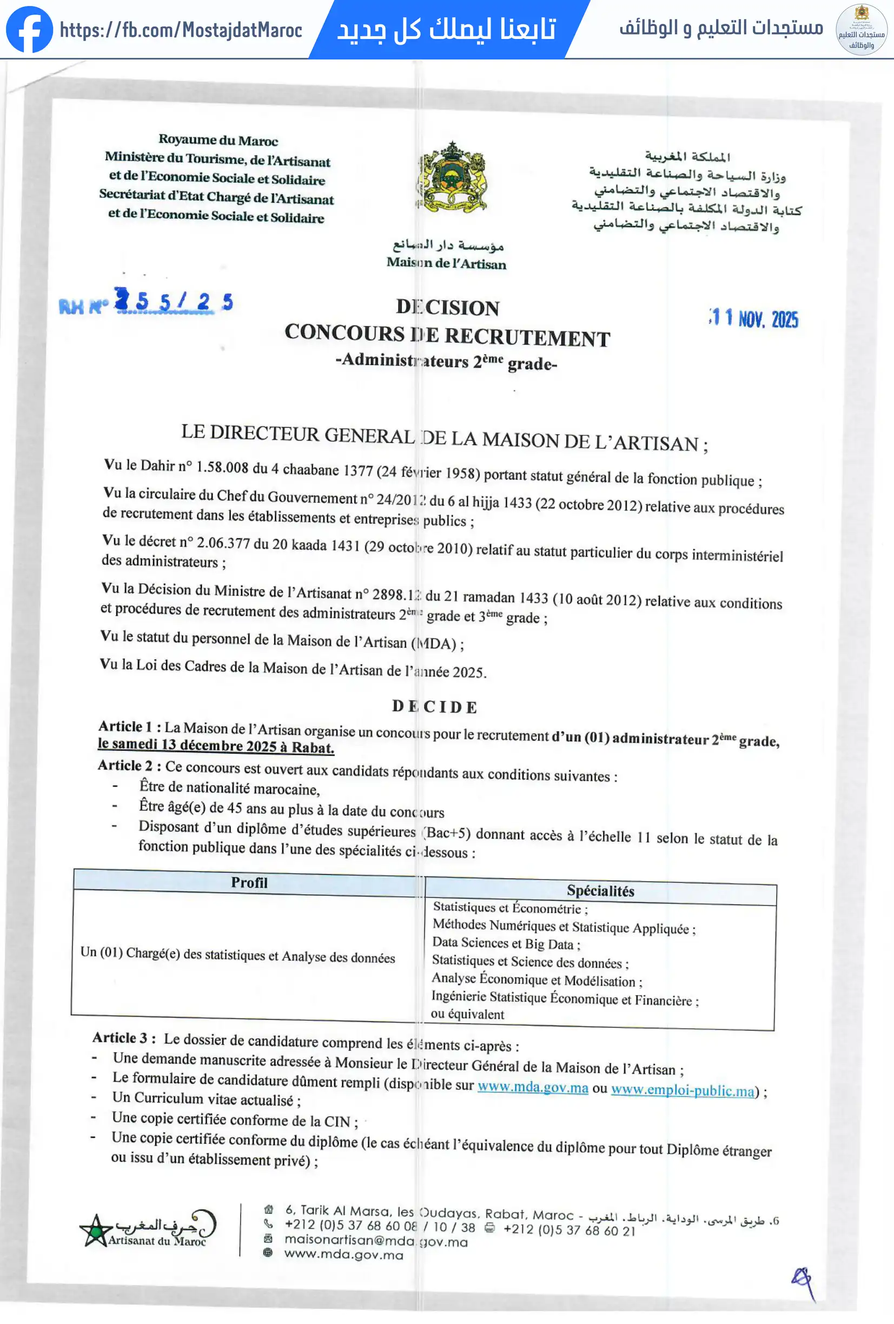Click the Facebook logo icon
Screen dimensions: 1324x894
coord(29,29)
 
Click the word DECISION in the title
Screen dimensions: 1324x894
coord(448,308)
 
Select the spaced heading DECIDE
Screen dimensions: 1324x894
coord(435,707)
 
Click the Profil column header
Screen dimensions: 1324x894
coord(249,882)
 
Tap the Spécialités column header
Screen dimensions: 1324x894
coord(600,890)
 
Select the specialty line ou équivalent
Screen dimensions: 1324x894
coord(467,1014)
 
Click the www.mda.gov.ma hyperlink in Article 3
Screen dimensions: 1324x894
coord(533,1087)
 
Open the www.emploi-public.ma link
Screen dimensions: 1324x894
coord(683,1090)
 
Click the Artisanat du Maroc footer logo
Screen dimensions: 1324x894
coord(148,1229)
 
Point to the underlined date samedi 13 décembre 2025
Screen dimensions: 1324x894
coord(215,746)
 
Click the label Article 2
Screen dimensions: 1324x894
coord(125,765)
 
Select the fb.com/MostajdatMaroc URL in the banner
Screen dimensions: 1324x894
coord(181,30)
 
